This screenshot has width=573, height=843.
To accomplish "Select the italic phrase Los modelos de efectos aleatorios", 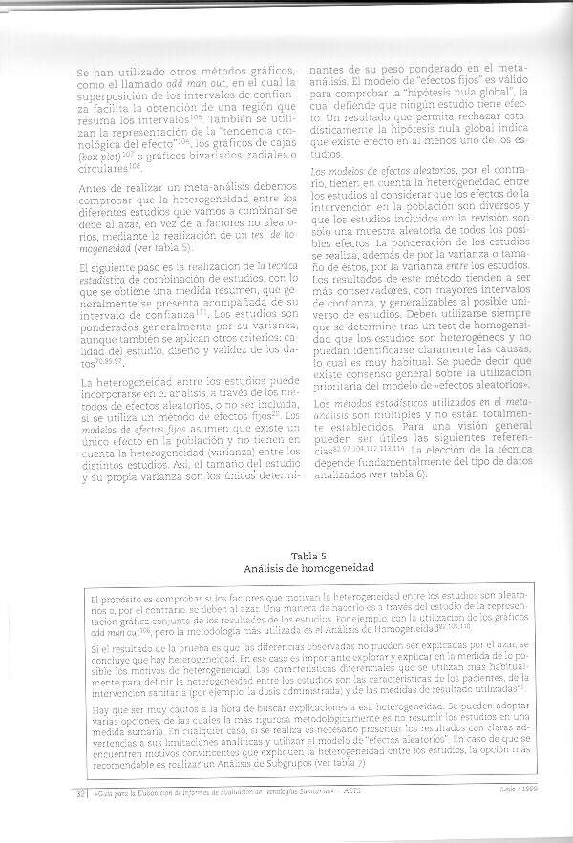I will coord(375,171).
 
